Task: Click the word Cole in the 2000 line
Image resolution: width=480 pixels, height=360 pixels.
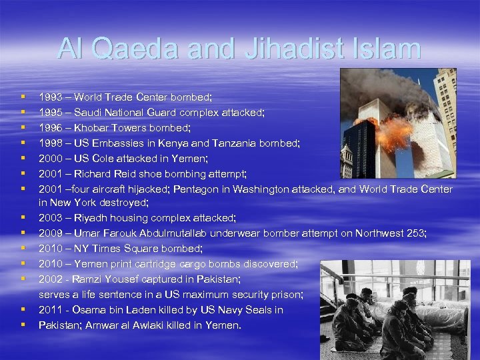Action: coord(109,159)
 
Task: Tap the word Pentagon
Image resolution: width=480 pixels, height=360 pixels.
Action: coord(197,189)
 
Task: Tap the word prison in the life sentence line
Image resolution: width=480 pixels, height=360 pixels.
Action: coord(287,295)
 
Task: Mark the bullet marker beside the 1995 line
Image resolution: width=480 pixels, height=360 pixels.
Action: coord(24,113)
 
